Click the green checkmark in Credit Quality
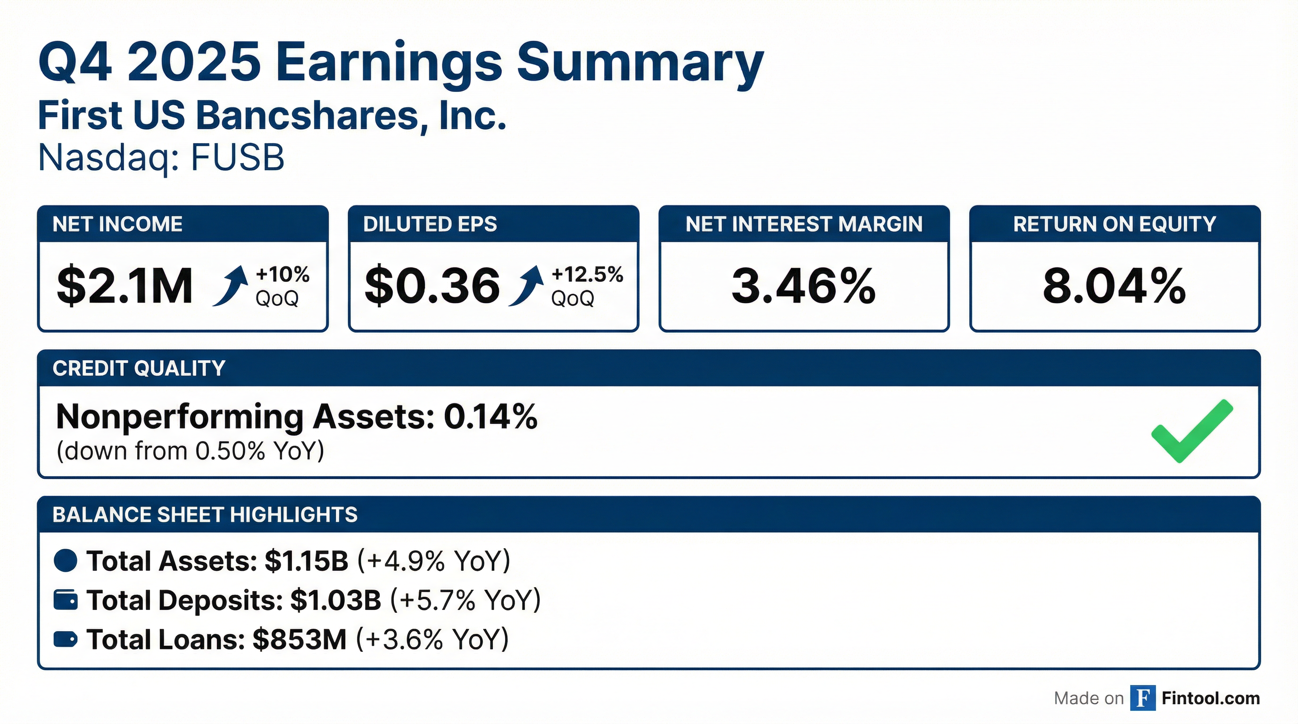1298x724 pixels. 1191,431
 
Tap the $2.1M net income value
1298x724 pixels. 125,286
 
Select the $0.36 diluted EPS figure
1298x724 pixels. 432,286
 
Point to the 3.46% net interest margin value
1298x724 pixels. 804,286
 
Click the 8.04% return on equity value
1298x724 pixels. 1114,286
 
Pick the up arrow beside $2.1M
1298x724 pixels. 231,286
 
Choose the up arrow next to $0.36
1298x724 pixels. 526,286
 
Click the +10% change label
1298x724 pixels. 283,274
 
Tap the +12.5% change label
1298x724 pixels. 588,274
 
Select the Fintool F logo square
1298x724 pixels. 1143,698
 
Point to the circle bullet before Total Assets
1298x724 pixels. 66,560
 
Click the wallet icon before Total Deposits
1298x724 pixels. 66,600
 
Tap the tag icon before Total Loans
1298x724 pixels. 66,639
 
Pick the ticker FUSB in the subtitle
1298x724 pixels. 237,157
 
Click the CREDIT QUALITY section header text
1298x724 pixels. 139,368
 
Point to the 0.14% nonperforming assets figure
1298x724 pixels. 490,417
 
